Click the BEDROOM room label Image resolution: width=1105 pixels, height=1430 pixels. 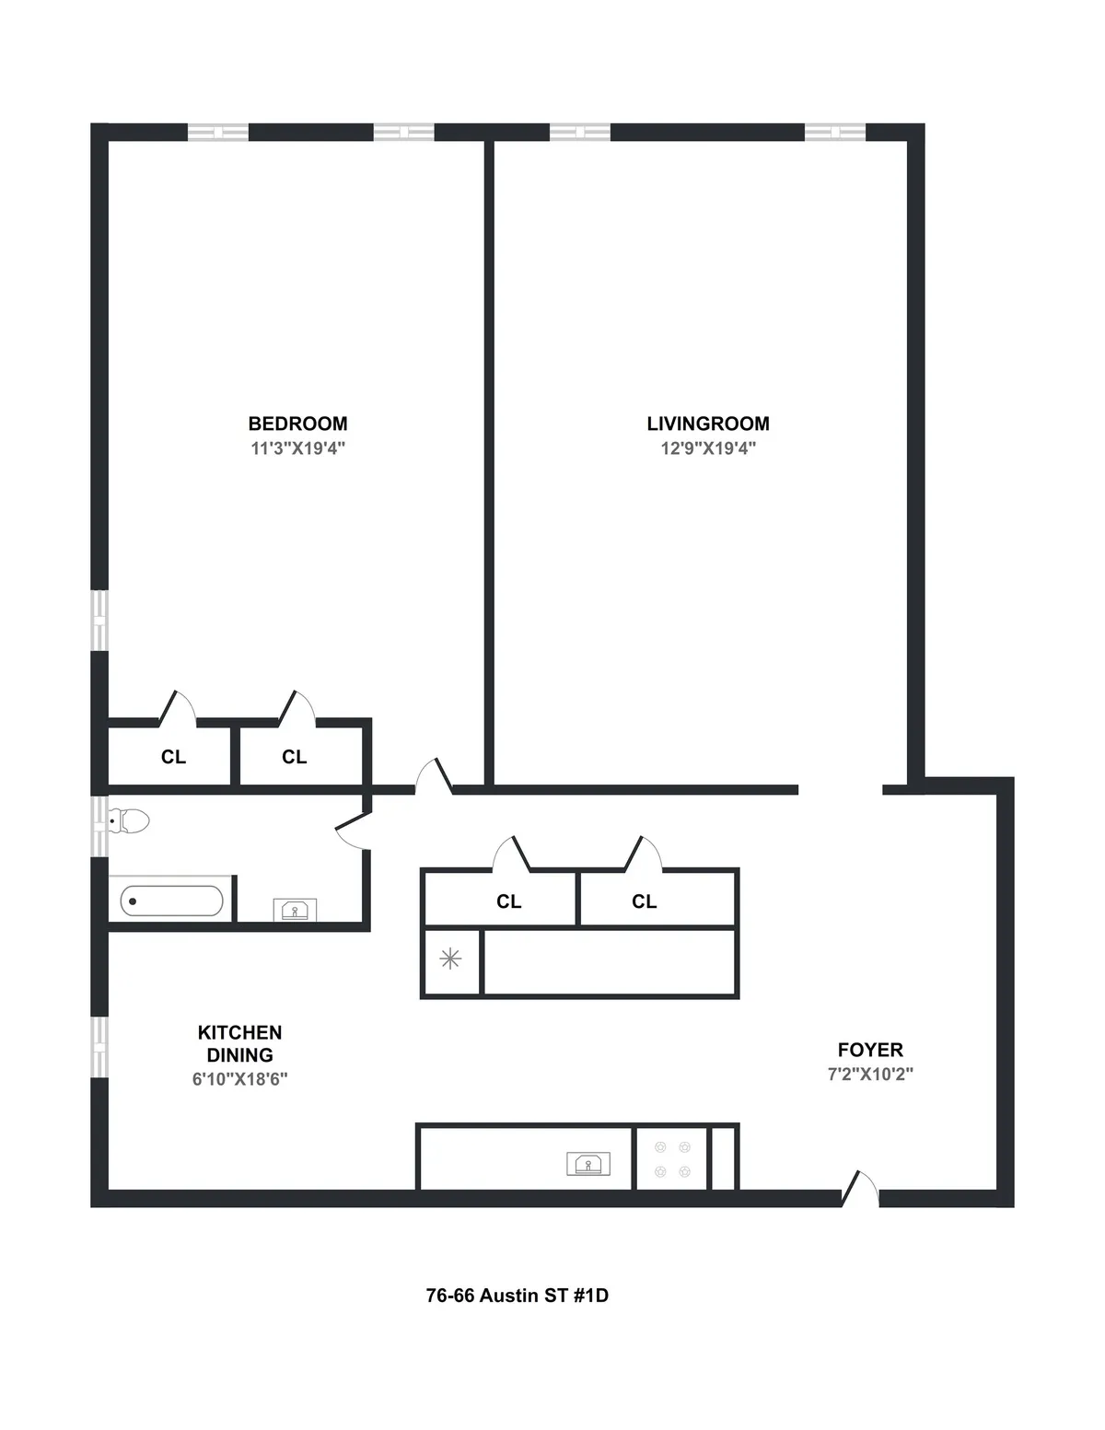[297, 424]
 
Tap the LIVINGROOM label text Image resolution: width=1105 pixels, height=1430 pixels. [707, 424]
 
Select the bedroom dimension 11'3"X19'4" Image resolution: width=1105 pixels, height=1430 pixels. [297, 448]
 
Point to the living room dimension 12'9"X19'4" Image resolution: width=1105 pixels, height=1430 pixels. [707, 448]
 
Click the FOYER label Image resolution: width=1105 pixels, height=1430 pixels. [870, 1050]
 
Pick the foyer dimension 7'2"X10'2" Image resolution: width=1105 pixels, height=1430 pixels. [870, 1074]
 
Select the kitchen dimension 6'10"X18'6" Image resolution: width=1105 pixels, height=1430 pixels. [239, 1079]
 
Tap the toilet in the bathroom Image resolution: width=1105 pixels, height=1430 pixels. [129, 820]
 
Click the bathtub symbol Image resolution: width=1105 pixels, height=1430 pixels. [171, 901]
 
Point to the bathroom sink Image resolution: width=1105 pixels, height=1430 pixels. [295, 910]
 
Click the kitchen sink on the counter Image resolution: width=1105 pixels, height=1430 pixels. [588, 1164]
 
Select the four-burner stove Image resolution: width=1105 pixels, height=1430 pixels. [671, 1158]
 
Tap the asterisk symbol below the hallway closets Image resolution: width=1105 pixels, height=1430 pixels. [450, 959]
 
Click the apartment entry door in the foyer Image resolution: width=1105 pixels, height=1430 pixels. [860, 1189]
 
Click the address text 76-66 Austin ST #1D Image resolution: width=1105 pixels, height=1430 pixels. [517, 1296]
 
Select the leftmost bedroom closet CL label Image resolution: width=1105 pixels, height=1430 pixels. [173, 757]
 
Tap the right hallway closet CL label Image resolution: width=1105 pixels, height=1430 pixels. [644, 901]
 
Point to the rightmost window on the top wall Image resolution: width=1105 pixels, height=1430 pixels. [834, 133]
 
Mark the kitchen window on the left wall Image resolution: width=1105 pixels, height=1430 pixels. [99, 1047]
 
